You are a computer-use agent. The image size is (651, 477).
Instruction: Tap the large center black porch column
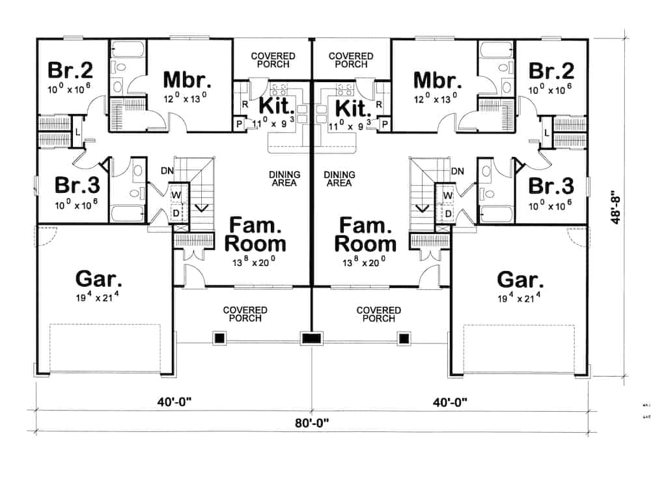tap(311, 338)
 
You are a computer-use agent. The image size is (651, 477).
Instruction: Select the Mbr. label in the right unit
tap(437, 80)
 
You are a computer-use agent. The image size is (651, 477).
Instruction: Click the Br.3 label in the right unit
tap(551, 186)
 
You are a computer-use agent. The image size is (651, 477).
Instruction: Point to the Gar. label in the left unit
tap(99, 280)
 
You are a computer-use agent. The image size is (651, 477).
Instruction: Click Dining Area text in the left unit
tap(284, 179)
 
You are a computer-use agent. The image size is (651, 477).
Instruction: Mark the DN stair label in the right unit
tap(457, 171)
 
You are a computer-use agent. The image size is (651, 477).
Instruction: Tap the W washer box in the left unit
tap(176, 194)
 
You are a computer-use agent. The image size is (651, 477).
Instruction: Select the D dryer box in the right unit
tap(448, 212)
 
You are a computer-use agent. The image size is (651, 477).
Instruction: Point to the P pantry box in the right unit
tap(385, 123)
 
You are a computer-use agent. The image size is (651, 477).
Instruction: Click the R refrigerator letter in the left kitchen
tap(245, 104)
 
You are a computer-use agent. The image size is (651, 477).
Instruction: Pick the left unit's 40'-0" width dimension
tap(173, 402)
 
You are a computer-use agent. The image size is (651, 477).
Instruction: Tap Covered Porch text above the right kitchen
tap(351, 61)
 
